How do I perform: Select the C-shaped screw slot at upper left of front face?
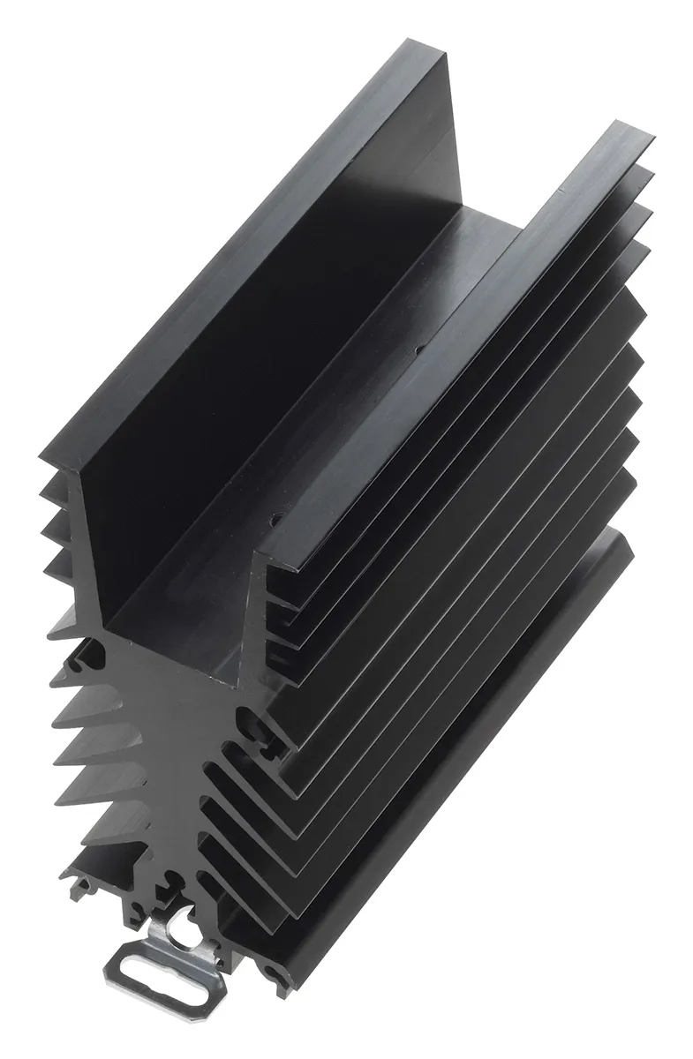pyautogui.click(x=91, y=651)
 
